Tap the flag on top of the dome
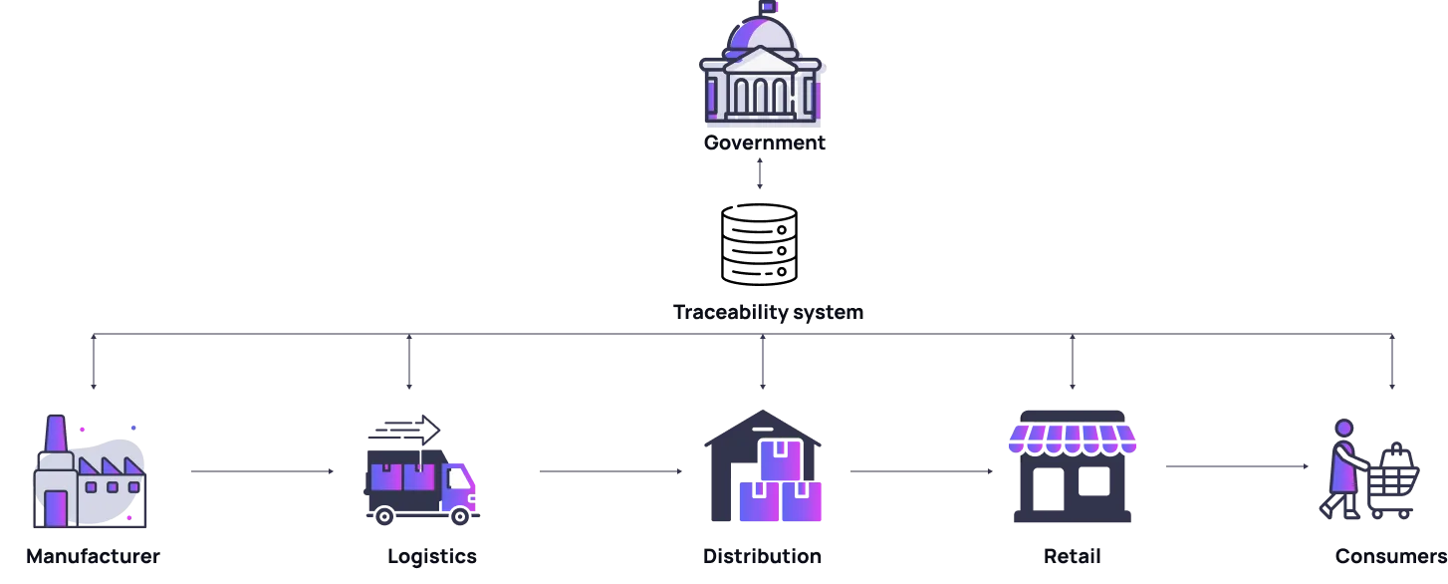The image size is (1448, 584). pyautogui.click(x=768, y=6)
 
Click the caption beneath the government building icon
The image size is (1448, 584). pyautogui.click(x=763, y=143)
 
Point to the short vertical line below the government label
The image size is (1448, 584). pyautogui.click(x=761, y=171)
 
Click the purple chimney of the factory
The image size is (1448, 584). pyautogui.click(x=54, y=435)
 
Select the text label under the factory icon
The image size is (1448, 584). pyautogui.click(x=92, y=556)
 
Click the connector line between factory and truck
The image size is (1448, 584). pyautogui.click(x=262, y=474)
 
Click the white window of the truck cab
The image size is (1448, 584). pyautogui.click(x=456, y=479)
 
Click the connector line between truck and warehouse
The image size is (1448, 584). pyautogui.click(x=607, y=474)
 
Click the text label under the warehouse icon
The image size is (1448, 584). pyautogui.click(x=763, y=556)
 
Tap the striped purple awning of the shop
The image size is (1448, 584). pyautogui.click(x=1072, y=438)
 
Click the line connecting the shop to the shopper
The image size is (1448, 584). pyautogui.click(x=1238, y=466)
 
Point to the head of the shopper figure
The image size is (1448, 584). pyautogui.click(x=1344, y=429)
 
